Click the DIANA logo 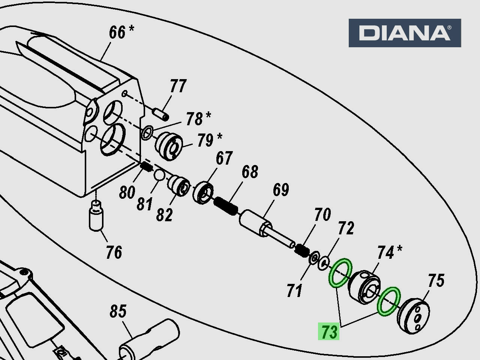point(405,33)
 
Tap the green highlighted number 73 point(329,331)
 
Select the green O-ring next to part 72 point(340,273)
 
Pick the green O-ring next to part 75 point(389,301)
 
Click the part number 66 point(117,33)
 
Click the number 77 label point(178,86)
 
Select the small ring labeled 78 point(147,132)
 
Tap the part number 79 point(205,141)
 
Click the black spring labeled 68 point(226,206)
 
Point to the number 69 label point(281,190)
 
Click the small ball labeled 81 point(159,175)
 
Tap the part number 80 point(127,192)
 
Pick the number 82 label point(164,215)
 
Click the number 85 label point(118,311)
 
